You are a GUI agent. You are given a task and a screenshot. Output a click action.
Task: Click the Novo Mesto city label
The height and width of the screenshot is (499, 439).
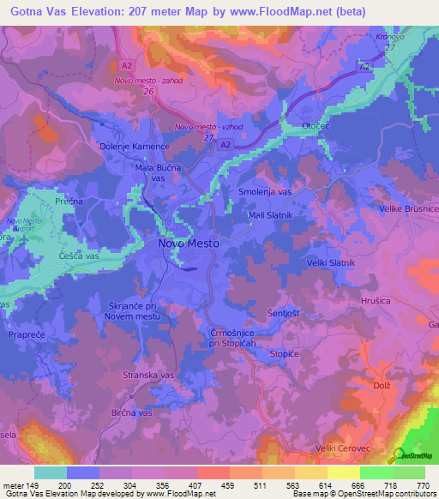tap(189, 243)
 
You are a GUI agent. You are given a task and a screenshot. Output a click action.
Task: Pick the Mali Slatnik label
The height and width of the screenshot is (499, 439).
tap(270, 215)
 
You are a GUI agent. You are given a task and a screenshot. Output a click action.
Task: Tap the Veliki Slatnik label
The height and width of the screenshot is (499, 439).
tap(330, 262)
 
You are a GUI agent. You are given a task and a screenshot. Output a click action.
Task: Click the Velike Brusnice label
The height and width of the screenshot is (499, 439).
tap(410, 209)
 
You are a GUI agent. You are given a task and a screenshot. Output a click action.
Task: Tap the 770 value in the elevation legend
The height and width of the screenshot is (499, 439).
tap(423, 486)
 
